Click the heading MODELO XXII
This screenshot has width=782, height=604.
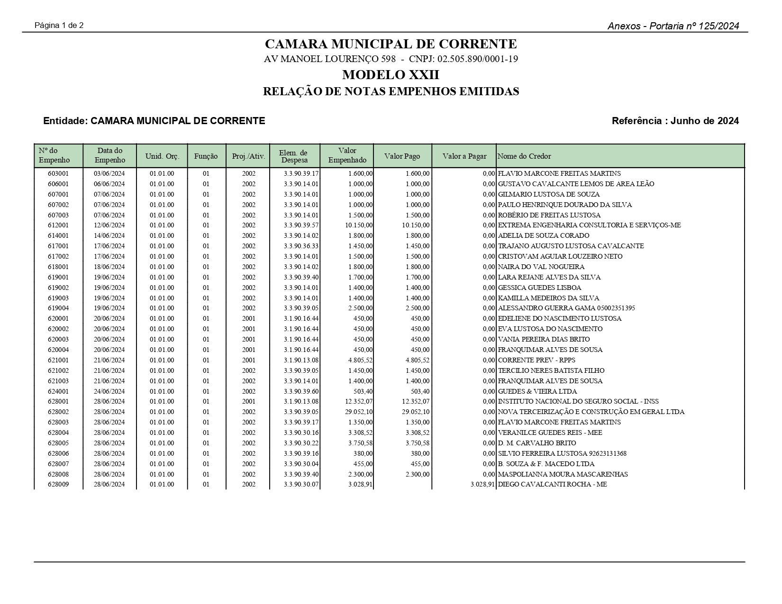tap(391, 75)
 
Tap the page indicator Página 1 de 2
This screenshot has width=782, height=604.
tap(59, 25)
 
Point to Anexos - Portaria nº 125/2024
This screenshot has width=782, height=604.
tap(673, 26)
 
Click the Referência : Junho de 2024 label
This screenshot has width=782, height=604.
tap(675, 121)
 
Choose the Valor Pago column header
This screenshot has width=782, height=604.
tap(402, 156)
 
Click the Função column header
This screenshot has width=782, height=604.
tap(206, 156)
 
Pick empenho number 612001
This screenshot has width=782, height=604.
tap(58, 225)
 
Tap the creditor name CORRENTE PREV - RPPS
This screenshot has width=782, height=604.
tap(536, 360)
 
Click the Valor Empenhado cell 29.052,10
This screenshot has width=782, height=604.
tap(359, 412)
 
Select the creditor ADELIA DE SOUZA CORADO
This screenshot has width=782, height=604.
tap(544, 235)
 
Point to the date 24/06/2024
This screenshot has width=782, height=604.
tap(109, 391)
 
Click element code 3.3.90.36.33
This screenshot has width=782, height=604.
tap(301, 246)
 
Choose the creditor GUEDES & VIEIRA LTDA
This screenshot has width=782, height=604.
tap(537, 391)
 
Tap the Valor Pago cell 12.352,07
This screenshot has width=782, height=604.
tap(416, 402)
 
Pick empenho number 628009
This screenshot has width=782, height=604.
tap(58, 484)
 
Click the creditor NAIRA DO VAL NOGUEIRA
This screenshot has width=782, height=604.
tap(541, 267)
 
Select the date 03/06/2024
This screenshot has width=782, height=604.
tap(109, 173)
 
